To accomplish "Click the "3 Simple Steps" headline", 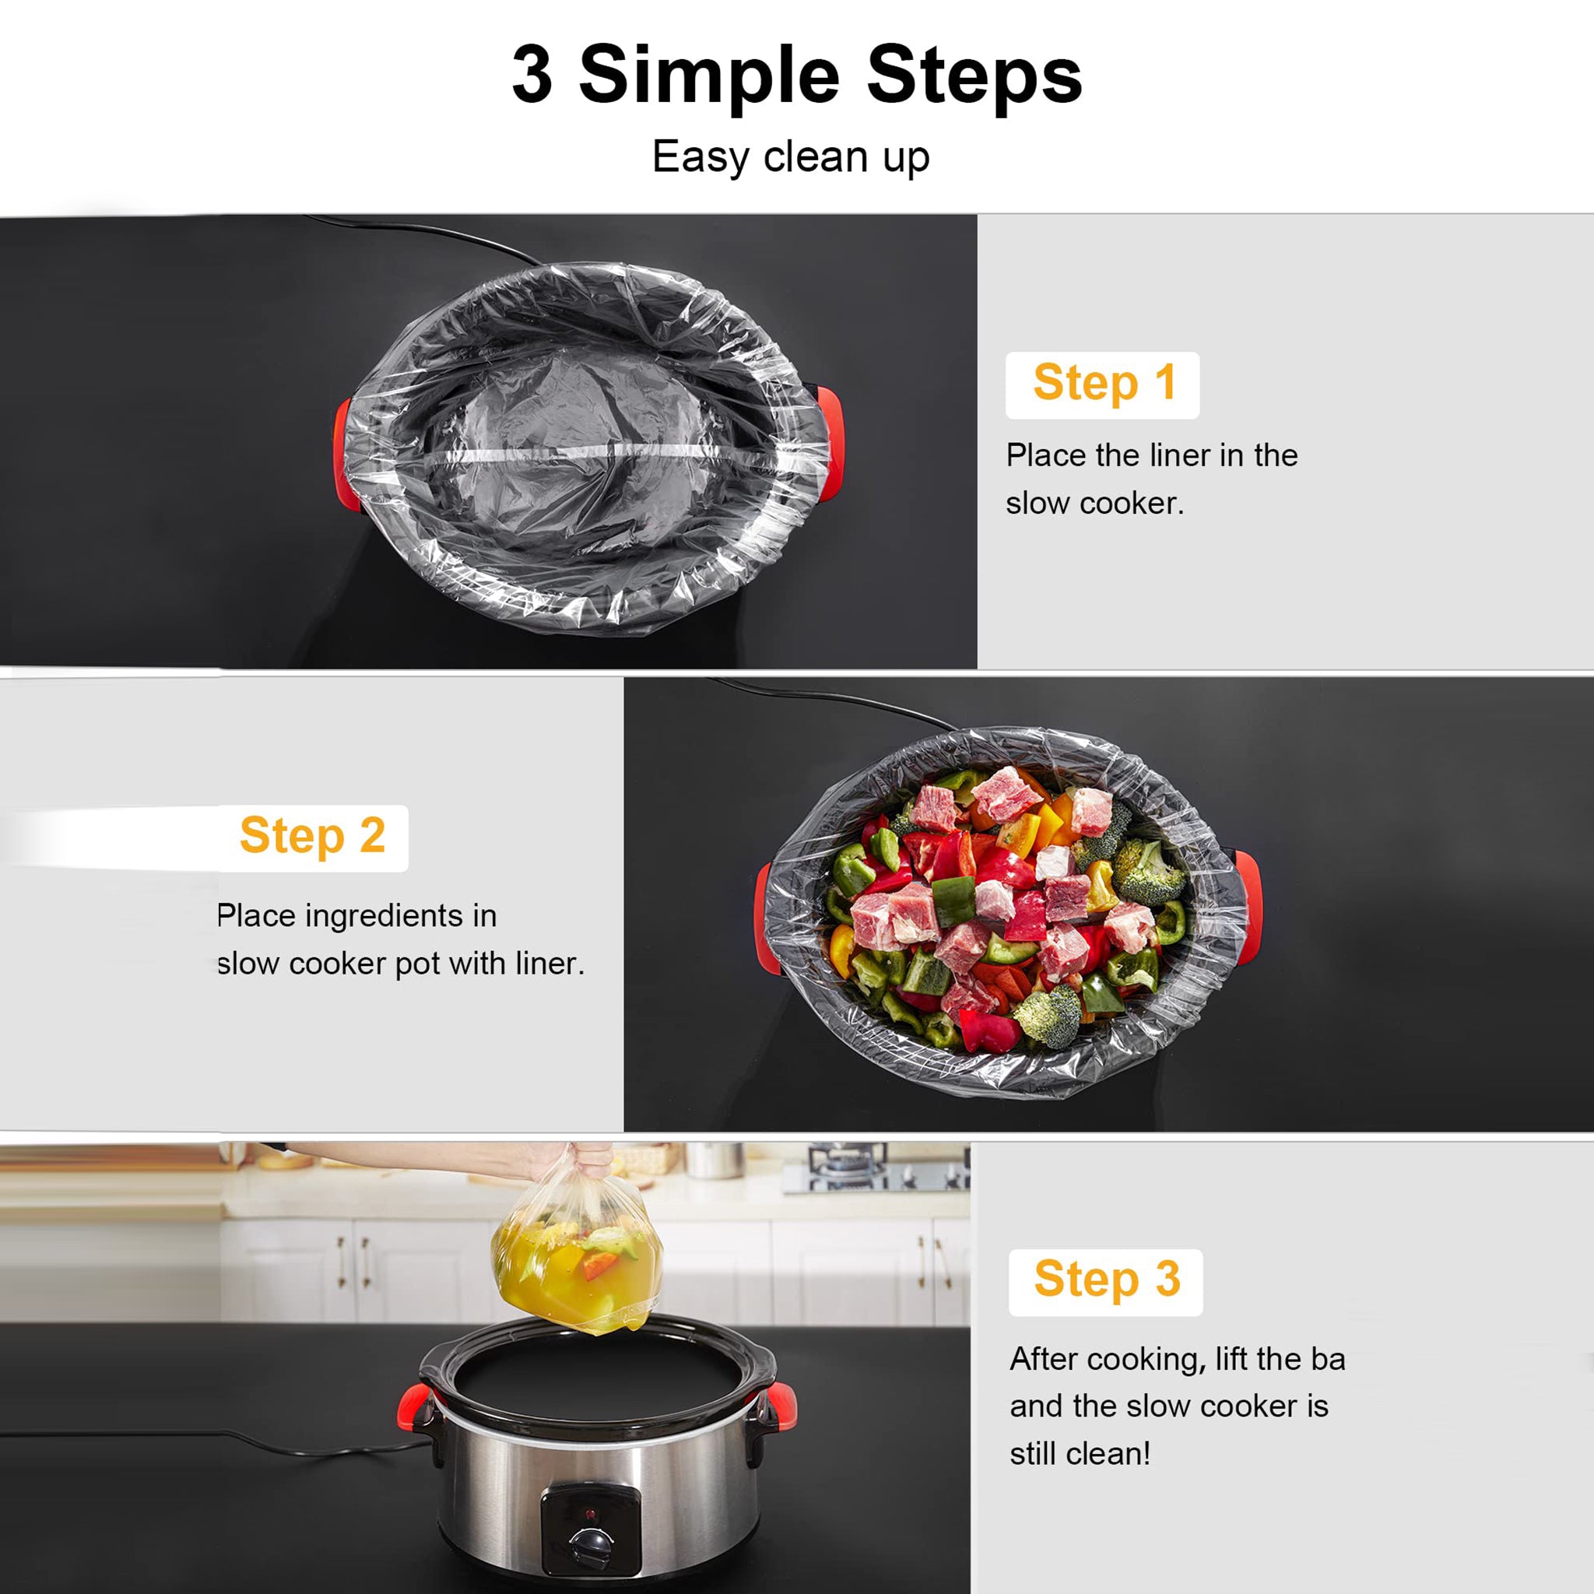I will point(796,76).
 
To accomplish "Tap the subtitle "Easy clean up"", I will point(791,156).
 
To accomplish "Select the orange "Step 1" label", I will point(1103,384).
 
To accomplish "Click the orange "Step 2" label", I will point(313,837).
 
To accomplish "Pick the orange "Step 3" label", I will point(1107,1280).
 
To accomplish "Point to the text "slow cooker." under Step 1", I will point(1094,504).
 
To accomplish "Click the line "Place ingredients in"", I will point(356,916).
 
